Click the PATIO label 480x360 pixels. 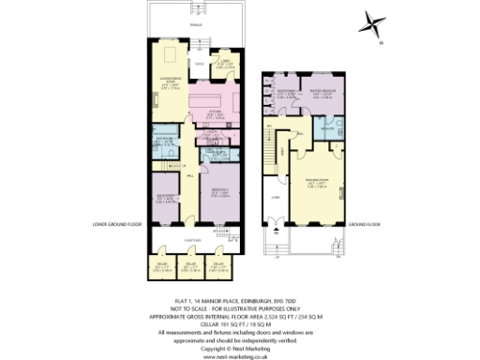point(200,63)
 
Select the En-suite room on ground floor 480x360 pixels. point(329,126)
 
